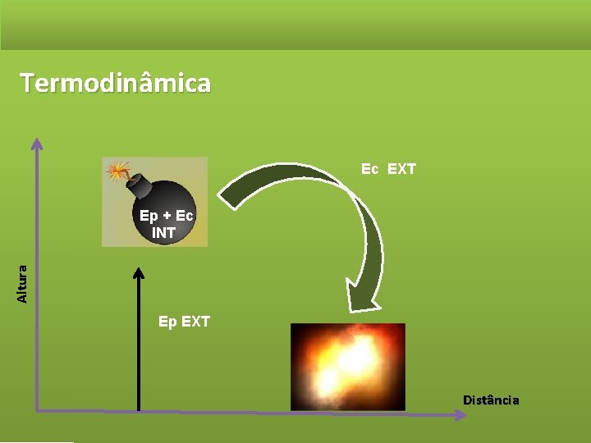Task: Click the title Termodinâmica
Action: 116,83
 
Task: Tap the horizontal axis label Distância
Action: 491,400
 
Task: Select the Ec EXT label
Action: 389,169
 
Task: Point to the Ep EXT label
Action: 184,322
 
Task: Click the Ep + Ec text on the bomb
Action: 166,216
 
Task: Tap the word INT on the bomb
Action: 163,232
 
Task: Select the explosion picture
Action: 348,366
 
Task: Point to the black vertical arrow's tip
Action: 139,272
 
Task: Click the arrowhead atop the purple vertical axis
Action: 37,144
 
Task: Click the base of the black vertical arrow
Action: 139,408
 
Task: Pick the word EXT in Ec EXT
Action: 401,169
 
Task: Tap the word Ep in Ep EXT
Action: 167,322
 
